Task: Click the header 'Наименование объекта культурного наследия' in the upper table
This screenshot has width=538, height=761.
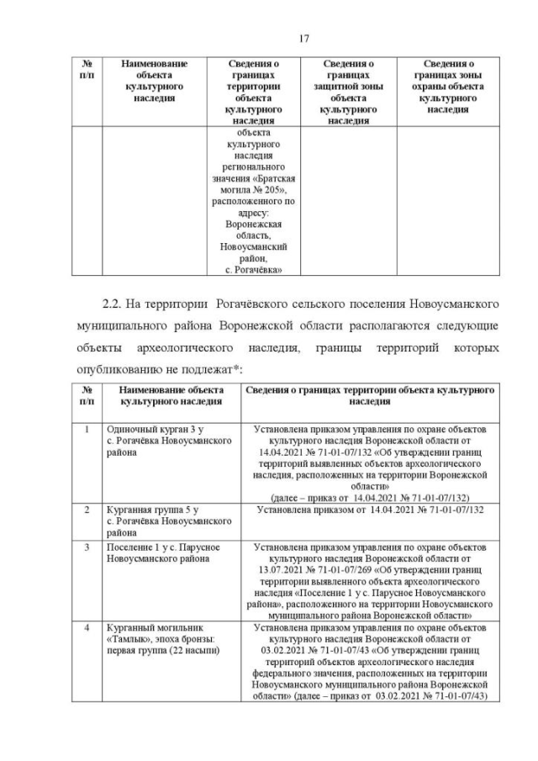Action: [155, 81]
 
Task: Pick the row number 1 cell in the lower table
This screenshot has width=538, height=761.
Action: [86, 430]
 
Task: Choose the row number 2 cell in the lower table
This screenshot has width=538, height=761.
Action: [86, 510]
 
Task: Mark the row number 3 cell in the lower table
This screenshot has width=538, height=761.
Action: [86, 547]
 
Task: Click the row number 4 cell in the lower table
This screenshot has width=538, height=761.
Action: [86, 627]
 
